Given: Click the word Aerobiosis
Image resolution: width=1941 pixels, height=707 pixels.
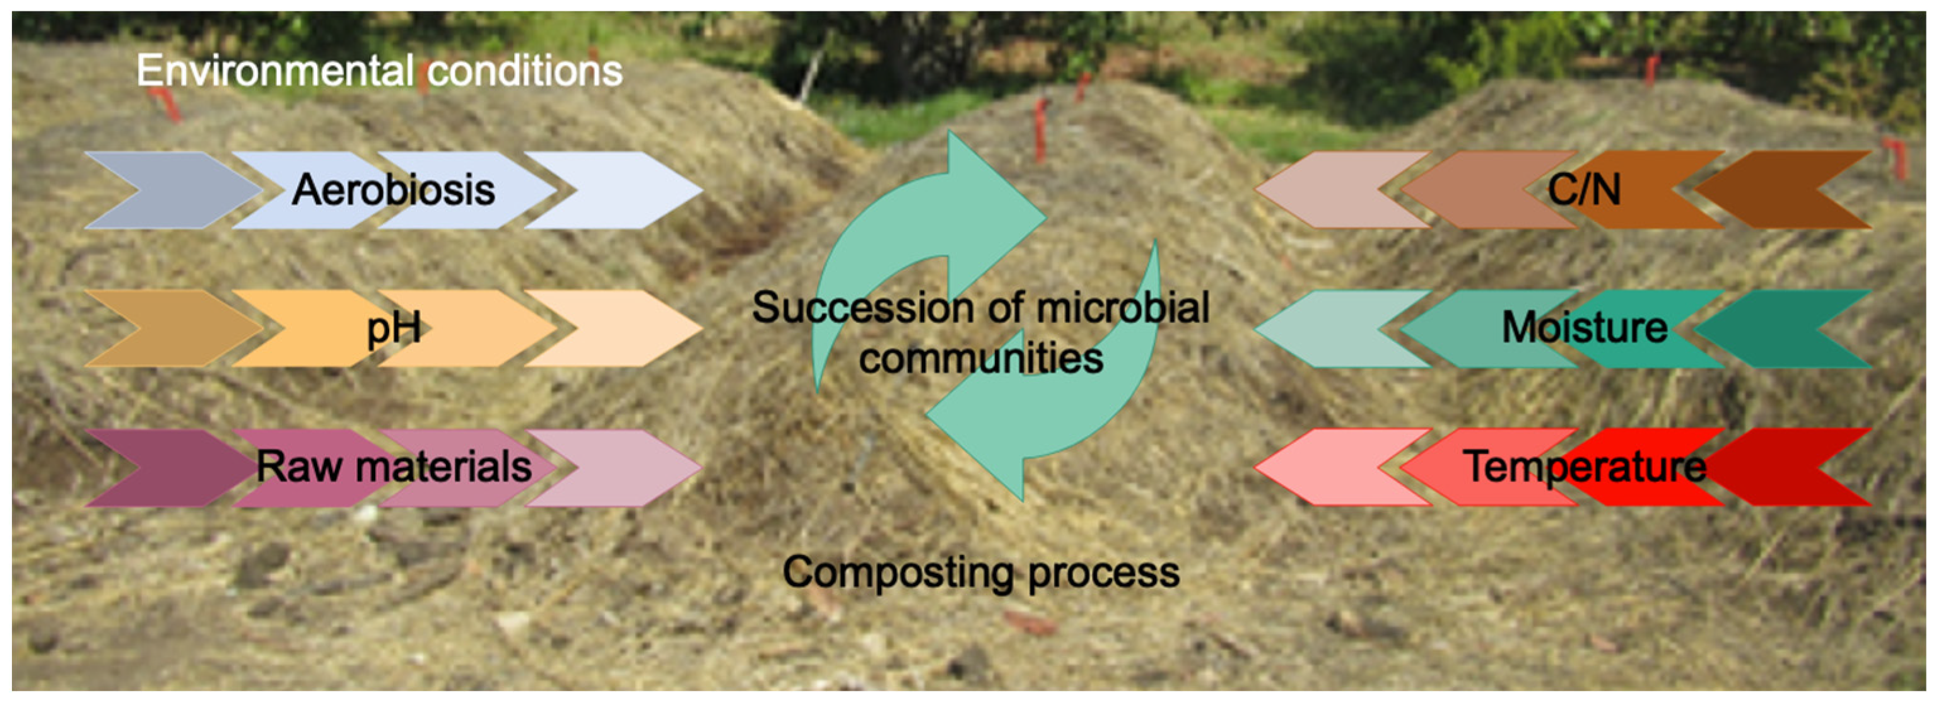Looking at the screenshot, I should [394, 189].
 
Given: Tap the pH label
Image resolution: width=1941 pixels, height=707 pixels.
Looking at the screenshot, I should [394, 329].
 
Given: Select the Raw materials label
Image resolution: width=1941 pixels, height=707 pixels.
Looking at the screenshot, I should [394, 467].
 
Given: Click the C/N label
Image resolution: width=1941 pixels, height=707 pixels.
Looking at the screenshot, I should [1584, 189].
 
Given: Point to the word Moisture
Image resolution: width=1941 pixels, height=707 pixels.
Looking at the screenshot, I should [1584, 328].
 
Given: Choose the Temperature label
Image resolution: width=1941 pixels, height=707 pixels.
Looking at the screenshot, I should [1584, 467].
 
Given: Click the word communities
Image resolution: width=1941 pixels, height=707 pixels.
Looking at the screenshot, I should [981, 358].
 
